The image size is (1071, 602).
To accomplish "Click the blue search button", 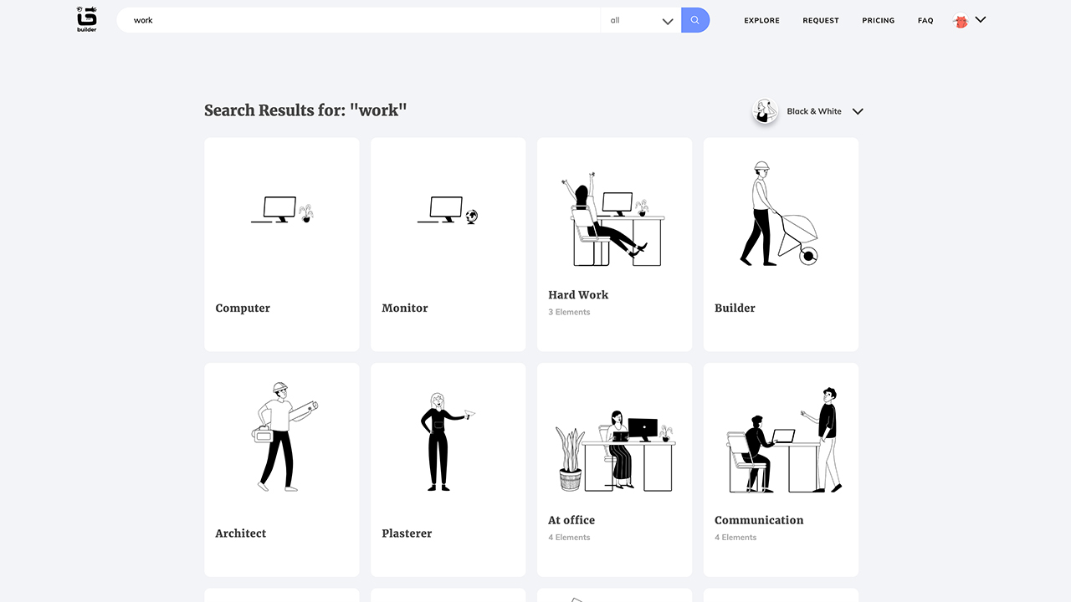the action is click(695, 20).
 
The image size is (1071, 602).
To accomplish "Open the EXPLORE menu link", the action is click(761, 21).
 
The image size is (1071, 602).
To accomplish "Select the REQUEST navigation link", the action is click(821, 21).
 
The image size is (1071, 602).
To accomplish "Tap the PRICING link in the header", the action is click(879, 21).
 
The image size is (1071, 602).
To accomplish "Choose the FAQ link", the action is click(925, 21).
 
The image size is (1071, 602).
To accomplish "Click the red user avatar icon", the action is click(961, 21).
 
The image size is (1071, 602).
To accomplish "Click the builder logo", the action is click(86, 19).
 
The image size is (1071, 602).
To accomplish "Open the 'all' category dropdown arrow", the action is click(668, 21).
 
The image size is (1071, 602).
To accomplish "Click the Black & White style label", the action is click(814, 111).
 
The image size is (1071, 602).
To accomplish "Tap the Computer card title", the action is click(243, 309).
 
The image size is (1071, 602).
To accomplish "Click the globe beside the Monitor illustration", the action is click(472, 217).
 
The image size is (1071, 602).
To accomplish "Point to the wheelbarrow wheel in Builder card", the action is click(808, 256).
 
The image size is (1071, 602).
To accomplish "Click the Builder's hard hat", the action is click(761, 166).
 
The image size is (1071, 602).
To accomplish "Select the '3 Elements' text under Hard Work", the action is click(569, 312).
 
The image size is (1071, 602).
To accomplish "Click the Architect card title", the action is click(240, 533).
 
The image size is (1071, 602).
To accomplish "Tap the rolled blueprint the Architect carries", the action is click(304, 411).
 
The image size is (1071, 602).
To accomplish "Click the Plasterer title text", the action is click(407, 533).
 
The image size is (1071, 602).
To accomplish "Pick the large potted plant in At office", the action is click(571, 459).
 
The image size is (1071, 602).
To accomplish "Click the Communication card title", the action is click(759, 520).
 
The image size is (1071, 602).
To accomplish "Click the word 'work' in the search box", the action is click(143, 20).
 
